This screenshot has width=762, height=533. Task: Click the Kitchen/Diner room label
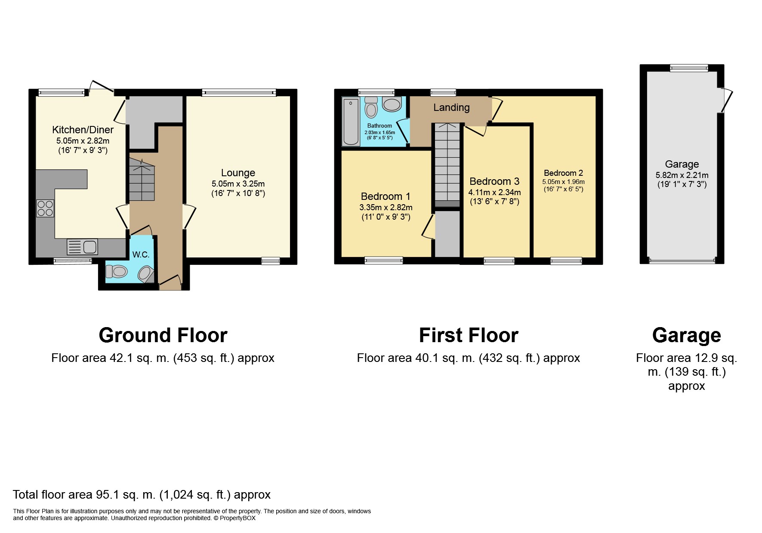[83, 129]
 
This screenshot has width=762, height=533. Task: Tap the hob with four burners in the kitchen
[45, 208]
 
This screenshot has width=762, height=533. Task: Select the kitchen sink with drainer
[82, 247]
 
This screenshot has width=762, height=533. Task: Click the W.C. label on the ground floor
[141, 254]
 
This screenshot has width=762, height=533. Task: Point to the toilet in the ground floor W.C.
[117, 271]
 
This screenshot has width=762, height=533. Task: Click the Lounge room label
[238, 173]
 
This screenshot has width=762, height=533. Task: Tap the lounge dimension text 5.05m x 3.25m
[238, 184]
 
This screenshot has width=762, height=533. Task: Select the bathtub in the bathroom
[352, 122]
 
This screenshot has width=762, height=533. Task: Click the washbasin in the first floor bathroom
[392, 104]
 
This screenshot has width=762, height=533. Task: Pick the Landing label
[451, 107]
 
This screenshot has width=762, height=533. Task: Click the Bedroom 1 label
[386, 196]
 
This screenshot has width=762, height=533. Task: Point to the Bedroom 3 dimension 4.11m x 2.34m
[494, 192]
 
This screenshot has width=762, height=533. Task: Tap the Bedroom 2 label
[563, 173]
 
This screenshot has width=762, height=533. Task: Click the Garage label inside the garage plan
[682, 164]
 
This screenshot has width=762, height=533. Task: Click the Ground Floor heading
[163, 335]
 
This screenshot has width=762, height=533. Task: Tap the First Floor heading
[469, 335]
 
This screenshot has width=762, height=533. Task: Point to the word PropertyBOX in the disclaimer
[238, 518]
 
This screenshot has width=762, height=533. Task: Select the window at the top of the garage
[689, 68]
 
